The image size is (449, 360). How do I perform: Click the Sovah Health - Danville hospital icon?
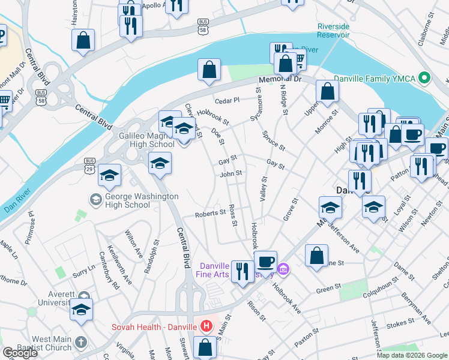tap(206, 326)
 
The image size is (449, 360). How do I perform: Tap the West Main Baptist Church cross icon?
tap(81, 343)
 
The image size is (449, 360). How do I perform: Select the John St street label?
tap(231, 173)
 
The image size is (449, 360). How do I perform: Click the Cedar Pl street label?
tap(228, 100)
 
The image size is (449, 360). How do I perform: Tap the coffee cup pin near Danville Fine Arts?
tap(265, 261)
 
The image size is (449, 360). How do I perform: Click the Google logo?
tap(20, 353)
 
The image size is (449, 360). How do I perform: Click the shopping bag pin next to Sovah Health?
tap(205, 347)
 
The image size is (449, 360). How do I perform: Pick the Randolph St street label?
tap(155, 256)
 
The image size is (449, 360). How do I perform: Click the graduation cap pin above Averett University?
tap(81, 310)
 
